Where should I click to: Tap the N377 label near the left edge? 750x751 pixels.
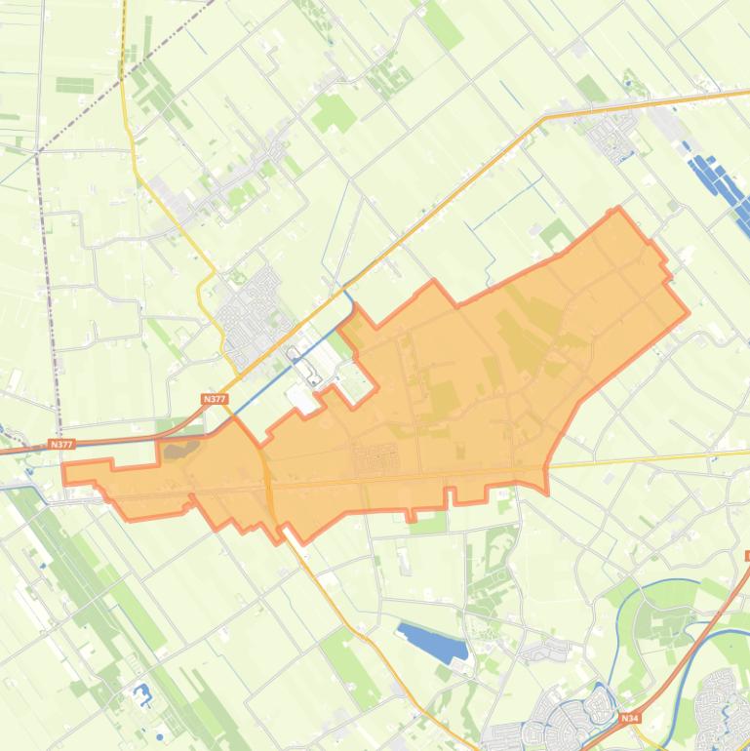click(x=60, y=445)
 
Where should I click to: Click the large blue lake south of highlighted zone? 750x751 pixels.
click(x=433, y=643)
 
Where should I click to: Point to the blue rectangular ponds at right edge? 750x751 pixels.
click(x=720, y=184)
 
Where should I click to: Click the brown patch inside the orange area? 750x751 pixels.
click(x=179, y=450)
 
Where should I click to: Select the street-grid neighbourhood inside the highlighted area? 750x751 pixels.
click(x=378, y=457)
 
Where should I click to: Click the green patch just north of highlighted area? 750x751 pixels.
click(x=557, y=233)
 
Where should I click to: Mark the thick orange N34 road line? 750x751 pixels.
click(x=683, y=649)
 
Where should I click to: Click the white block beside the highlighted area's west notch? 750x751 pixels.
click(x=301, y=397)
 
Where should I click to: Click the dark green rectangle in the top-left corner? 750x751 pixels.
click(x=73, y=85)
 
